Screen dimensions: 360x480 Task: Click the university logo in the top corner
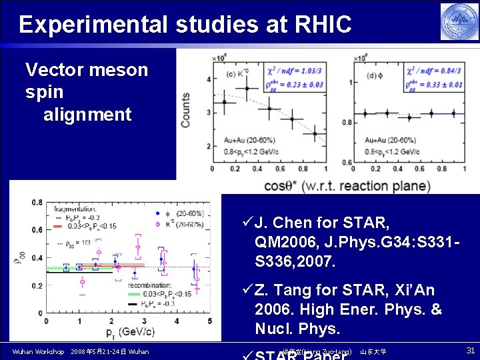[x=459, y=21]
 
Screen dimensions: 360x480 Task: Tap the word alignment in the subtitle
[x=87, y=115]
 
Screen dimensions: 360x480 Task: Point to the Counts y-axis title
[x=186, y=110]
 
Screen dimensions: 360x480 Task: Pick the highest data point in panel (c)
[x=247, y=88]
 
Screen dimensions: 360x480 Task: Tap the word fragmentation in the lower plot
[x=76, y=209]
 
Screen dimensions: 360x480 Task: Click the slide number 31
[x=469, y=350]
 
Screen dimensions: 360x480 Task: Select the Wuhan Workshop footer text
[x=38, y=351]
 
